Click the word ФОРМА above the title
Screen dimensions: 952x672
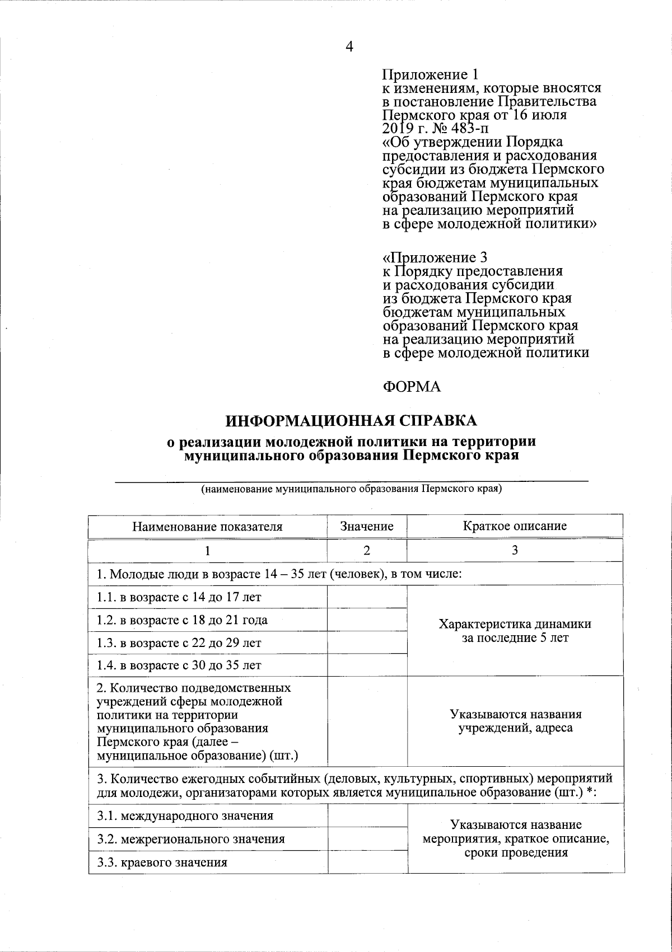[x=412, y=387]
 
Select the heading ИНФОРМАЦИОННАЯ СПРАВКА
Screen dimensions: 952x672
[x=352, y=420]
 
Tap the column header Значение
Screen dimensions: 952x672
[x=367, y=526]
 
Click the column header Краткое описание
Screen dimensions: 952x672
[x=515, y=526]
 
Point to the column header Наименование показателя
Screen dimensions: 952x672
[x=207, y=526]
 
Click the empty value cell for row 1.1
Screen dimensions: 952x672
[x=367, y=597]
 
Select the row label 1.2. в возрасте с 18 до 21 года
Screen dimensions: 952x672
[x=182, y=620]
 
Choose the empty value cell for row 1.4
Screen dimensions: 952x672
[x=367, y=665]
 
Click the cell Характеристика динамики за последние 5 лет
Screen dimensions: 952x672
[x=515, y=631]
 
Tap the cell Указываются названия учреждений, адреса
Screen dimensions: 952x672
[x=516, y=721]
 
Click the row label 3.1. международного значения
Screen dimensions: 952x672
[x=185, y=815]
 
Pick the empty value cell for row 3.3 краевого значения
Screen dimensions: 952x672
[x=367, y=862]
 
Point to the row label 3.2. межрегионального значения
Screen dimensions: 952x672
[x=190, y=839]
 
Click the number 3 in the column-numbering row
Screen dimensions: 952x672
[x=515, y=550]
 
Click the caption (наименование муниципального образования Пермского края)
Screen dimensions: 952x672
[x=352, y=489]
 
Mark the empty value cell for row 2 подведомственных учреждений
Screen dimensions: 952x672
[x=367, y=721]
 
